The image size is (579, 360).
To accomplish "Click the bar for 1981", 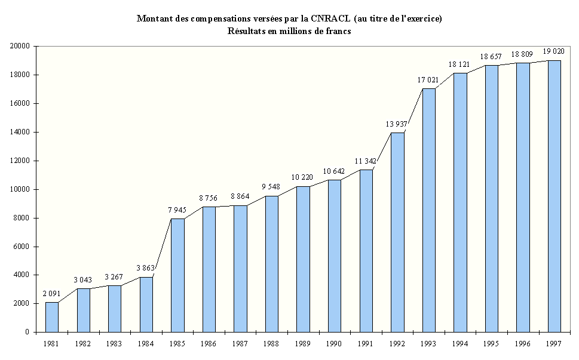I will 52,317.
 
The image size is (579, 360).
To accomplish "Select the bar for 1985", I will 177,275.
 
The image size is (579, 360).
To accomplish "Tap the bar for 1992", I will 397,232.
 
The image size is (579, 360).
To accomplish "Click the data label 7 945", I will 177,210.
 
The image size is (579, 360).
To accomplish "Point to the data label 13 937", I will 397,124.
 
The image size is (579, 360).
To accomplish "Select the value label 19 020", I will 554,51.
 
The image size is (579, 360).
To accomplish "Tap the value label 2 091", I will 52,293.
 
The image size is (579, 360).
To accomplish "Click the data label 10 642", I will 335,171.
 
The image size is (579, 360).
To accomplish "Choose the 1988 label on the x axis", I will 272,344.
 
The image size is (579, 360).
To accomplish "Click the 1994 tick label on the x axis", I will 460,344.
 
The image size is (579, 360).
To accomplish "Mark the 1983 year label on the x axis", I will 115,344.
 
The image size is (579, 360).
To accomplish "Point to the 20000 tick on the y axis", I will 22,46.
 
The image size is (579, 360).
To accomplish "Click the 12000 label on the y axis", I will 22,161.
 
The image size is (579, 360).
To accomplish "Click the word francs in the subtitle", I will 337,31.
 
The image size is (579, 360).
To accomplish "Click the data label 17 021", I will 428,79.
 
